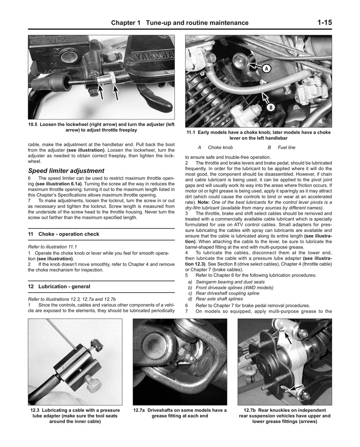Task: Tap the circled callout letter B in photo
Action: pos(271,108)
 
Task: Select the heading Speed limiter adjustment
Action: pos(66,171)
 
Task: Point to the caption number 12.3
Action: pos(38,410)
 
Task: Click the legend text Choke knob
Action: pos(220,148)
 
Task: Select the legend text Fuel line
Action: pos(286,148)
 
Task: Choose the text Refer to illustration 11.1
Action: pos(52,247)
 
